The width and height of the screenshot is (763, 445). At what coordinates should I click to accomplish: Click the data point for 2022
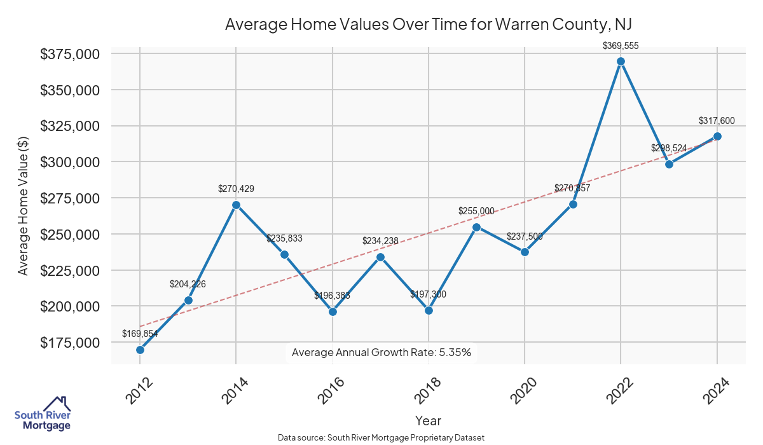click(x=621, y=62)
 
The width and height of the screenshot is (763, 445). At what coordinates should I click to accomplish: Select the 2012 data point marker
click(x=140, y=350)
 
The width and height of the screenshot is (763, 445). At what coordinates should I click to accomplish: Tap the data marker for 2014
click(x=236, y=205)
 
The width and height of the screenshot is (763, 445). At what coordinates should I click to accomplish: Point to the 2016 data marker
click(x=333, y=311)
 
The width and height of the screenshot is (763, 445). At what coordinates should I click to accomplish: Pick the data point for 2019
click(x=476, y=227)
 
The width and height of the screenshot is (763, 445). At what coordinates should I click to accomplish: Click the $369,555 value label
click(x=621, y=46)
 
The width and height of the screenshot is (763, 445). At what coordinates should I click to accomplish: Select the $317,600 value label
click(x=717, y=121)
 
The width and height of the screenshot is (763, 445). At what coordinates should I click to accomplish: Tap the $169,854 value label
click(x=140, y=334)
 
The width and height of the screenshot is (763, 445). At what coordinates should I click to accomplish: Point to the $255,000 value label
click(x=476, y=211)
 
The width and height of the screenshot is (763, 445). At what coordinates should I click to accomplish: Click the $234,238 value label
click(x=380, y=241)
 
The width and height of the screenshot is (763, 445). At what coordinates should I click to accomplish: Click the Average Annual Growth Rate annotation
click(x=381, y=352)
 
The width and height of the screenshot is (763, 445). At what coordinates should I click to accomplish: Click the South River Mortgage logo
click(x=43, y=414)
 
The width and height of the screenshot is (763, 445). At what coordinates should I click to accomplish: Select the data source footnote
click(x=381, y=437)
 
